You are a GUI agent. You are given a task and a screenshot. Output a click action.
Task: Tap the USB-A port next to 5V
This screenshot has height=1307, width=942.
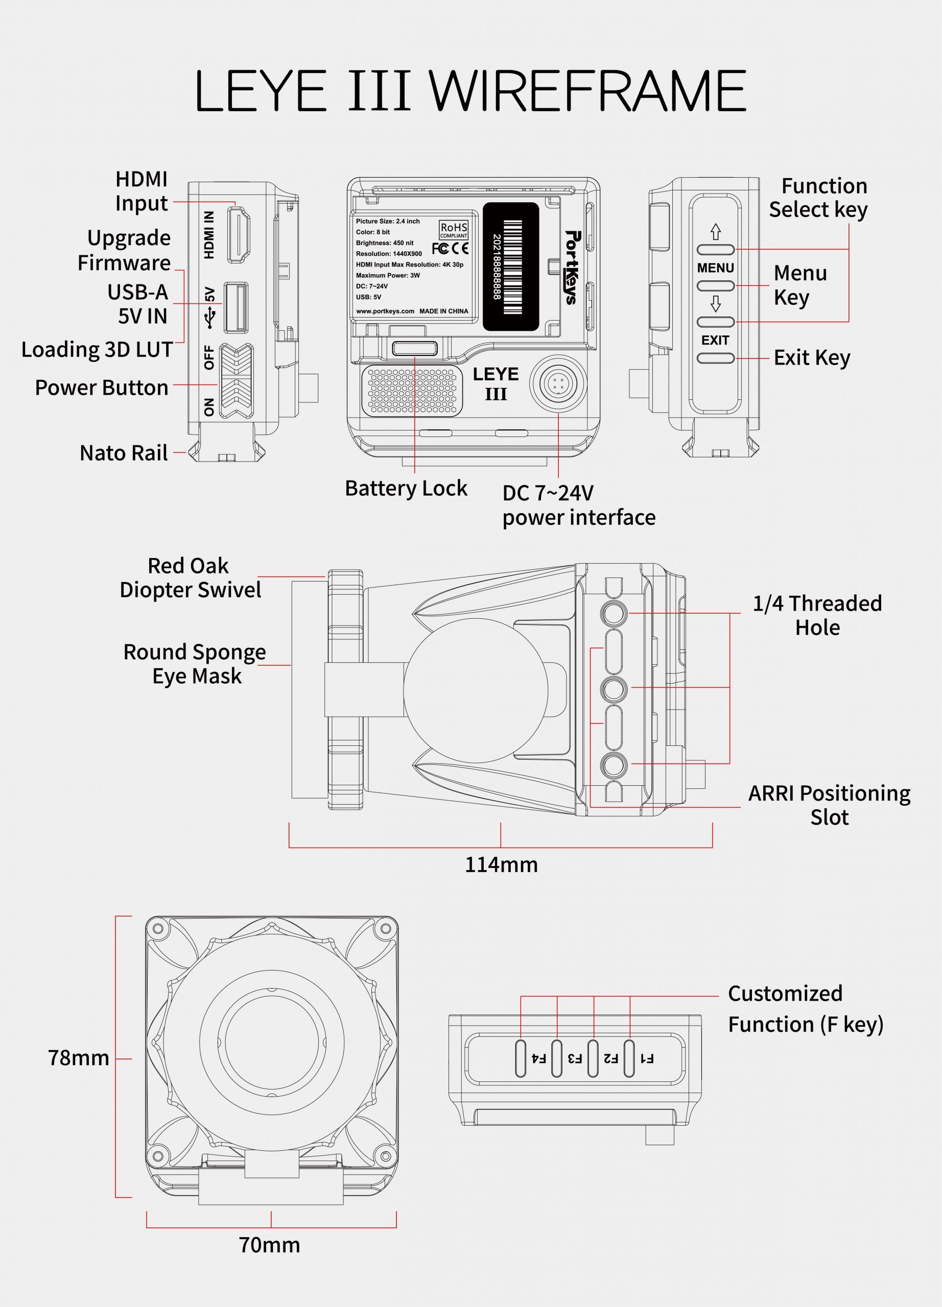tap(236, 307)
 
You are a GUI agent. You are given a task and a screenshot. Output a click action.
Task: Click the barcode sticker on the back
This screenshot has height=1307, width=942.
tap(510, 266)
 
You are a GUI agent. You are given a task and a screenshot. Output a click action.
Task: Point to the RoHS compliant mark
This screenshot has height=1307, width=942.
tap(454, 229)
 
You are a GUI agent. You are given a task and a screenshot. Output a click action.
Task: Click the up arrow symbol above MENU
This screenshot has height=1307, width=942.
tap(715, 231)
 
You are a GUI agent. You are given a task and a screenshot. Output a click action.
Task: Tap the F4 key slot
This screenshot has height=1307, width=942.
tap(521, 1058)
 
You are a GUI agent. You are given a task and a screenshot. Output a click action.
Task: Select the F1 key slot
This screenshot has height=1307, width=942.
tap(629, 1058)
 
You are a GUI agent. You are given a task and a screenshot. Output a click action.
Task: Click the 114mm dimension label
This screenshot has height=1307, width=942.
tap(501, 864)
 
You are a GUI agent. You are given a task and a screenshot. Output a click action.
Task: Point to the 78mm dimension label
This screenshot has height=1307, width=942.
tap(78, 1057)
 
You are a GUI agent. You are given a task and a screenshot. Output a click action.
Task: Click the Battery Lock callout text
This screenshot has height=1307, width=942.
tap(406, 488)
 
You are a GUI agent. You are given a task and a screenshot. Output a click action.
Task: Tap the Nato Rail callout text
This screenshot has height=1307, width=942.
tap(124, 453)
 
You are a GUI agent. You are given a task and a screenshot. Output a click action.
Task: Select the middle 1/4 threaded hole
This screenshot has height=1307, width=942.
tap(614, 689)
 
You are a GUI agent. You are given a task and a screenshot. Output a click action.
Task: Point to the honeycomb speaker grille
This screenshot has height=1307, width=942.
tap(412, 391)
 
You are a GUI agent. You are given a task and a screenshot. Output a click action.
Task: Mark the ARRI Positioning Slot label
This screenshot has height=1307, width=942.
tap(829, 805)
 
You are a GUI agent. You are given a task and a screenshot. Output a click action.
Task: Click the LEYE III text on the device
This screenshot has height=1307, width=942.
tap(496, 384)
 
